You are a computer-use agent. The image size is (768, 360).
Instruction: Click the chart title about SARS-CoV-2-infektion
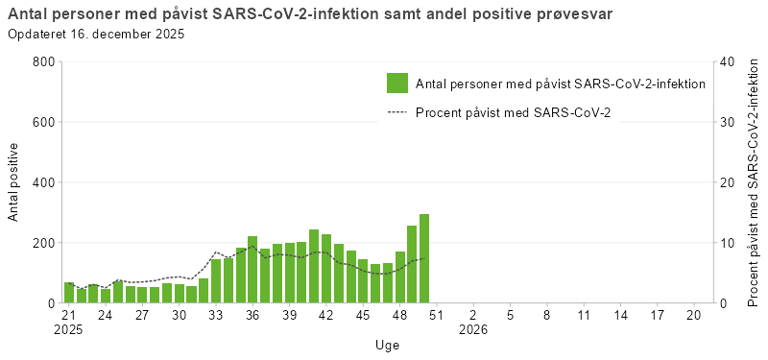[310, 13]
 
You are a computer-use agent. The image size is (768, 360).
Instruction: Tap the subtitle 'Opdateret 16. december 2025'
[96, 34]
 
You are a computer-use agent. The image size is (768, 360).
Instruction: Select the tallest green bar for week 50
[424, 258]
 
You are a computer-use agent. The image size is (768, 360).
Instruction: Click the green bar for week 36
[252, 270]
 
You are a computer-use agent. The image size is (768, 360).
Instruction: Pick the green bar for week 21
[69, 293]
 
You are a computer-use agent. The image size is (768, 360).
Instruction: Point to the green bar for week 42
[326, 269]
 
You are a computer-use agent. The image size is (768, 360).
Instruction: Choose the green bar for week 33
[216, 280]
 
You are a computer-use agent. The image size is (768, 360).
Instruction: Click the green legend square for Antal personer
[397, 84]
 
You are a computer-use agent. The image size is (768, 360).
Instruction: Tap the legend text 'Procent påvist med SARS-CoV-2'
[513, 112]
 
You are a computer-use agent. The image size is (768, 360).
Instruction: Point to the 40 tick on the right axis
[727, 62]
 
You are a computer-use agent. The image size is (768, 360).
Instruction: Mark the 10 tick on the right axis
[727, 243]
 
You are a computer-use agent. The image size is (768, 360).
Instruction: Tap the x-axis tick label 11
[583, 315]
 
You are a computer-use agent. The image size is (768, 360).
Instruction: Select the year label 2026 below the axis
[473, 330]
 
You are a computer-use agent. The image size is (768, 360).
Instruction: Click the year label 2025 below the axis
[69, 330]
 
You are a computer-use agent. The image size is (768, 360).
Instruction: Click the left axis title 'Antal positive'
[14, 182]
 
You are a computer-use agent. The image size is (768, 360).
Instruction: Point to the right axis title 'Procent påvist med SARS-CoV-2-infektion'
[754, 182]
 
